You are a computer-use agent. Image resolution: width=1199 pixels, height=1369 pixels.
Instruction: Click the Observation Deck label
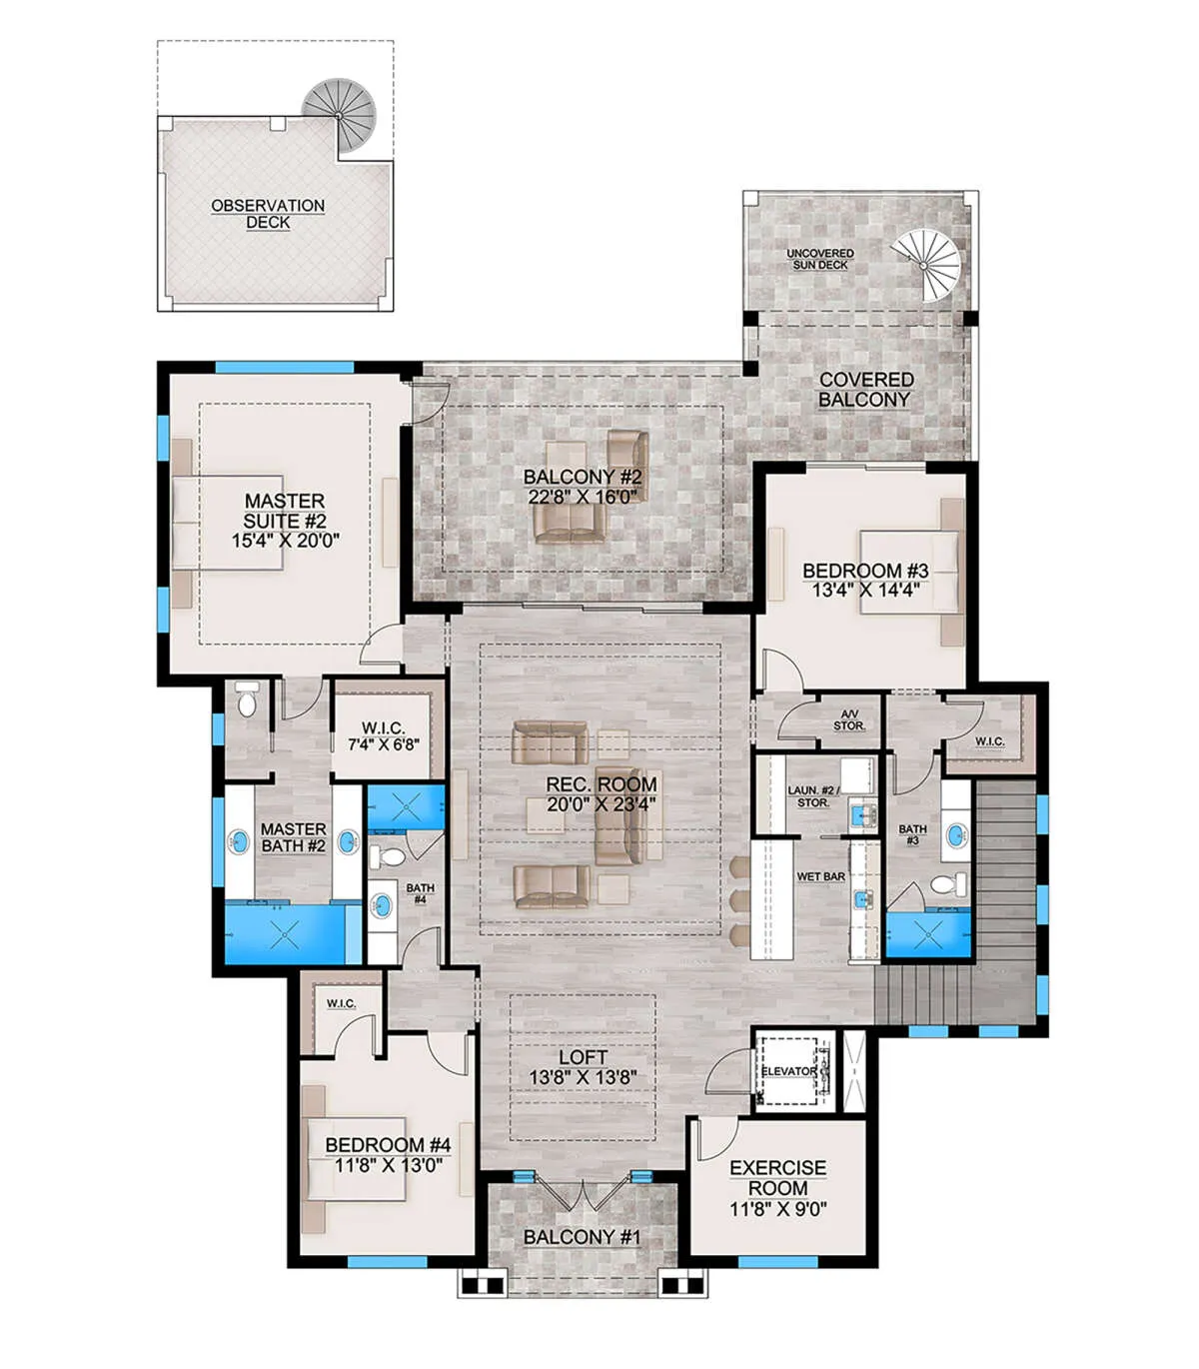tap(268, 214)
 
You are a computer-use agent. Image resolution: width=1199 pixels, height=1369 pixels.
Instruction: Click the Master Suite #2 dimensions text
tap(286, 541)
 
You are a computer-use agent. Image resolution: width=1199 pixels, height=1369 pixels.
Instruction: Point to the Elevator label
tap(789, 1071)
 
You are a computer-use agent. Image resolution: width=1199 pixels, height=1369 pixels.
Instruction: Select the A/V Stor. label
tap(849, 719)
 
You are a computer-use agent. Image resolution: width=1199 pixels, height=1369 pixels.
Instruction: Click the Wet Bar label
tap(820, 876)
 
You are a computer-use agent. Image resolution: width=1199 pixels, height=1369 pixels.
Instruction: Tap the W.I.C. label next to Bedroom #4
tap(342, 1003)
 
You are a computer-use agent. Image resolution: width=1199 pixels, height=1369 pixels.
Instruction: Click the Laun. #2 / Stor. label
tap(813, 796)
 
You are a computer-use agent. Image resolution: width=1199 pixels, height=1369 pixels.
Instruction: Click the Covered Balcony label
tap(866, 390)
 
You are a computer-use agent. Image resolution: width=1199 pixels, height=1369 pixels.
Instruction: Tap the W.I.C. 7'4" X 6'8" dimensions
tap(384, 744)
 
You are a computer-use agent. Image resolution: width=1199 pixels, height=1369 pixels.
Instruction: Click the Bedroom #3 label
tap(865, 571)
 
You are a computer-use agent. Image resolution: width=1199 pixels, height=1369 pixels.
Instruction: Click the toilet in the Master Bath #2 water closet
tap(248, 699)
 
